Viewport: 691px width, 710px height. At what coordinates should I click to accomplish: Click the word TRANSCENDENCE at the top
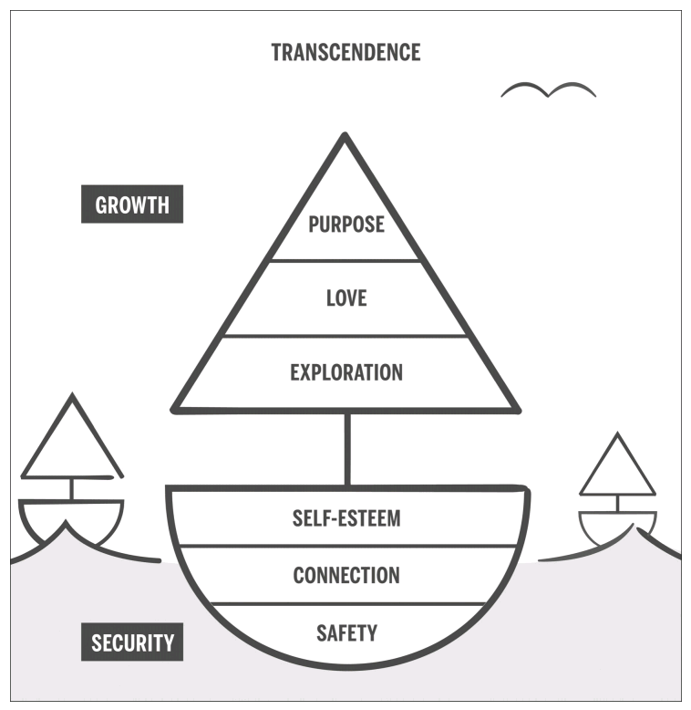345,52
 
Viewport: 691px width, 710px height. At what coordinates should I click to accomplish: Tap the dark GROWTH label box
132,204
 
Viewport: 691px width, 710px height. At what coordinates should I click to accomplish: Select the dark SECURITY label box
132,642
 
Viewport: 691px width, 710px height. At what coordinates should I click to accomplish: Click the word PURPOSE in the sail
345,224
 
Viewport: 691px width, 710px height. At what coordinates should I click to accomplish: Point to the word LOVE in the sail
345,298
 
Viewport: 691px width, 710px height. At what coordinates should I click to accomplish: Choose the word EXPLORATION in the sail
345,372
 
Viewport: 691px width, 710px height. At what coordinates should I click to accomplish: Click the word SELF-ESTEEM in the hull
345,519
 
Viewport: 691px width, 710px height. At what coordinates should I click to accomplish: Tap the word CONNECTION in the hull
345,575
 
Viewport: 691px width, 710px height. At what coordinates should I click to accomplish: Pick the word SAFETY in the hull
345,632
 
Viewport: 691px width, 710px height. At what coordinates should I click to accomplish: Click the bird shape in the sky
548,89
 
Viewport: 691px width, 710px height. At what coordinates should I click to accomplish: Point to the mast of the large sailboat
346,447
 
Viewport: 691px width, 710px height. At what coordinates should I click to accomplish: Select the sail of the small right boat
617,469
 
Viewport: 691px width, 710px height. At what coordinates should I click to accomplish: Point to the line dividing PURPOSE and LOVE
345,261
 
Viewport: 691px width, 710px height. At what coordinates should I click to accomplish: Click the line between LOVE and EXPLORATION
345,336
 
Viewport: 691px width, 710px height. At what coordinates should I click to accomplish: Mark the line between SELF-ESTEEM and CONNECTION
345,547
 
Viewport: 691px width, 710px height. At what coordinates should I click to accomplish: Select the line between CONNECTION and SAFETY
345,603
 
